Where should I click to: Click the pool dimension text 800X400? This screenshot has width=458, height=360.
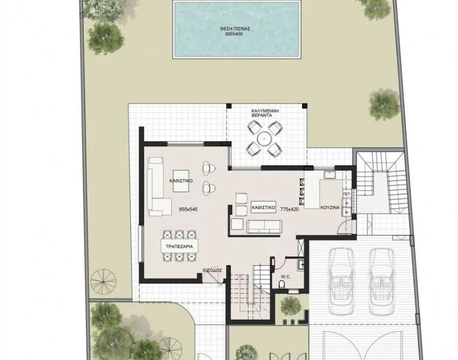coord(234,34)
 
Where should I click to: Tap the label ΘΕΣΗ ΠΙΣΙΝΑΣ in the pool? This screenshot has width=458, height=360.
coord(235,29)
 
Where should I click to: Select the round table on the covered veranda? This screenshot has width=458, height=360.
coord(265,139)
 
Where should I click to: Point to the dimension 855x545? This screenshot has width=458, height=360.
coord(189,209)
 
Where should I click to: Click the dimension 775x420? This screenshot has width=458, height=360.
coord(289,209)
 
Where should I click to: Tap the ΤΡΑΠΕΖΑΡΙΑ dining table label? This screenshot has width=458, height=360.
coord(179,246)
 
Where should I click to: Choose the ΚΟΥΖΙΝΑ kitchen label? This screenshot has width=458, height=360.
coord(330,208)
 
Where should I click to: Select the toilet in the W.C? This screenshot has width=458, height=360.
coord(282,284)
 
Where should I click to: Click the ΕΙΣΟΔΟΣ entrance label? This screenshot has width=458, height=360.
coord(213,270)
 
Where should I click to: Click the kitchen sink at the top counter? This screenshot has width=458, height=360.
coord(330,175)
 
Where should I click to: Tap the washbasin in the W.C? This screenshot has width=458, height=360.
coord(301,265)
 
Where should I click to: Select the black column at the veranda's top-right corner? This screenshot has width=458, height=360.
coord(304,106)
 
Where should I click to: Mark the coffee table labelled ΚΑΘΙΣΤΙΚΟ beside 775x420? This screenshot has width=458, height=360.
coord(264,207)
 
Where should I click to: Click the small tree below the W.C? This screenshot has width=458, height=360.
coord(290,306)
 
